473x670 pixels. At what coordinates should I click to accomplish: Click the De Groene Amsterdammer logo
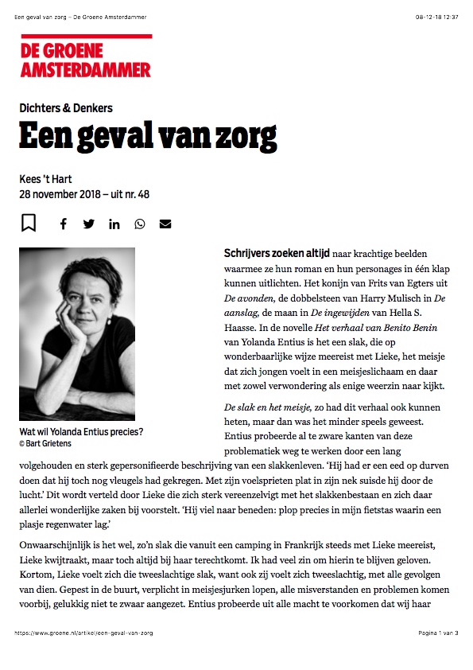click(x=86, y=56)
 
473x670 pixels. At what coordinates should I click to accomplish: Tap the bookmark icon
click(x=29, y=223)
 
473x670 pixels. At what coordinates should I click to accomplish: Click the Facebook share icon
click(x=64, y=224)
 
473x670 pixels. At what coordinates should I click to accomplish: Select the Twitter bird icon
click(x=88, y=224)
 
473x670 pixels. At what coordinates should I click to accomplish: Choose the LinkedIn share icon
click(x=114, y=224)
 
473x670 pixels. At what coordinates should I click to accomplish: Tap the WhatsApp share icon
click(x=140, y=224)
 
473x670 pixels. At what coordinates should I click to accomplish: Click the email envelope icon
click(x=165, y=224)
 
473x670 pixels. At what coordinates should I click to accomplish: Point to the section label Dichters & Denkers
click(x=66, y=108)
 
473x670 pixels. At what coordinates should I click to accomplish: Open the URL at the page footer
click(x=83, y=633)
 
